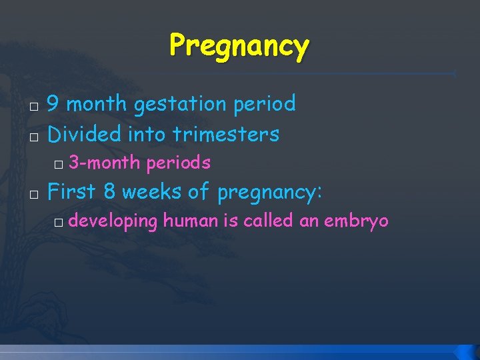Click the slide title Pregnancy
tap(239, 46)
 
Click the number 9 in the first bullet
tap(55, 103)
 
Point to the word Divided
tap(85, 134)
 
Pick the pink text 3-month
tap(105, 163)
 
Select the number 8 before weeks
tap(110, 191)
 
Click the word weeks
tap(152, 191)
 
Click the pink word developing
tap(113, 221)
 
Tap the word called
tap(269, 221)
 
